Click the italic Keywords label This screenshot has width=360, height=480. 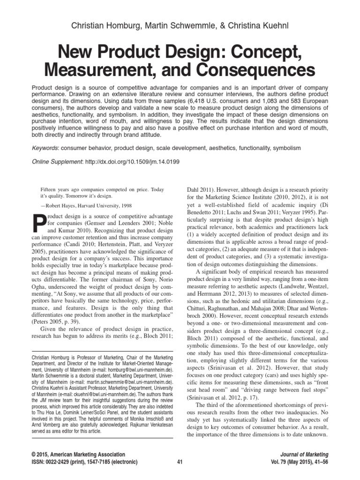(x=45, y=148)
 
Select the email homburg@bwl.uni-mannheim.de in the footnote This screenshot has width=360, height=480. (x=139, y=370)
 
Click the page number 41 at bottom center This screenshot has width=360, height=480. (x=180, y=462)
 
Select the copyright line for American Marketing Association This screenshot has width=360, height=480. (x=78, y=454)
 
